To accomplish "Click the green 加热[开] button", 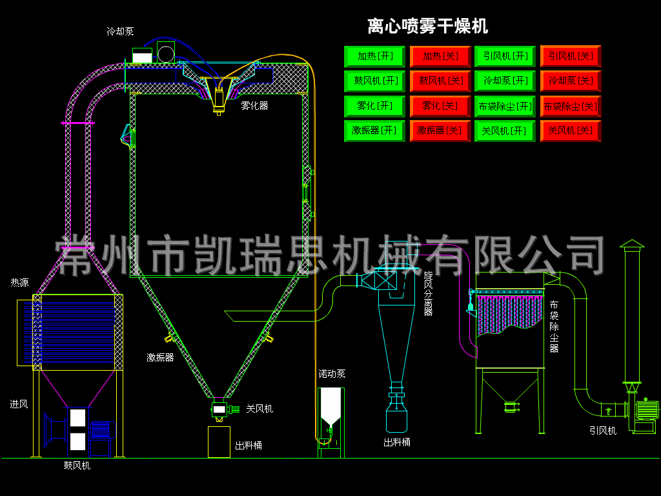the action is pyautogui.click(x=374, y=57).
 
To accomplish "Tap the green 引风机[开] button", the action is pyautogui.click(x=505, y=57).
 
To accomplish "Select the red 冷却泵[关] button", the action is pyautogui.click(x=571, y=81).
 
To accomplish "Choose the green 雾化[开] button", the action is pyautogui.click(x=374, y=106).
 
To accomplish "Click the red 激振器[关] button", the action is pyautogui.click(x=440, y=130).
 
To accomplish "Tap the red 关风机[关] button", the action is pyautogui.click(x=571, y=130).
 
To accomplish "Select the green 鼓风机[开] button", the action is pyautogui.click(x=374, y=81).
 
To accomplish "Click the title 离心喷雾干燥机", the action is pyautogui.click(x=427, y=26).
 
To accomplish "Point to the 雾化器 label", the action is pyautogui.click(x=254, y=106).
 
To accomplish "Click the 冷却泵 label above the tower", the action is pyautogui.click(x=120, y=31).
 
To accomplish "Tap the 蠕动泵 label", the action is pyautogui.click(x=332, y=374).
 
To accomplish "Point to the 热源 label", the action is pyautogui.click(x=20, y=283).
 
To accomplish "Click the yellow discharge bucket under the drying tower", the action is pyautogui.click(x=219, y=442).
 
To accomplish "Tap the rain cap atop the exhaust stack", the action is pyautogui.click(x=632, y=243).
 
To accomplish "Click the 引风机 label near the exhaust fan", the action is pyautogui.click(x=603, y=431).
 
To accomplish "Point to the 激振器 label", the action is pyautogui.click(x=160, y=358).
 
